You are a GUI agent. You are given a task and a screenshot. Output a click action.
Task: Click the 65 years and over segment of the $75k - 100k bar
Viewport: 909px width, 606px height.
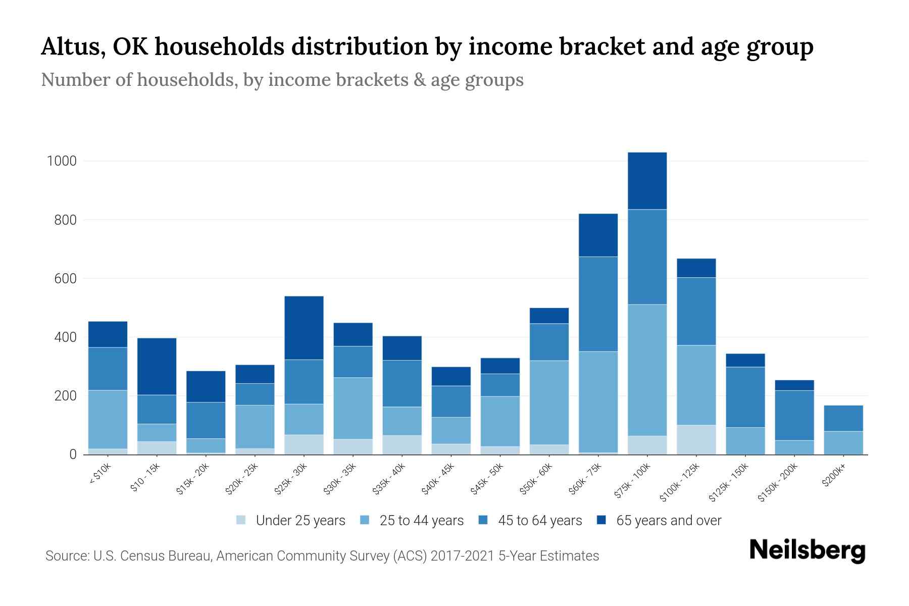click(x=647, y=181)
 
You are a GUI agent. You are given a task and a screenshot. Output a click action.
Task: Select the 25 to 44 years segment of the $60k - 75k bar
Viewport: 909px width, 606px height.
click(x=598, y=402)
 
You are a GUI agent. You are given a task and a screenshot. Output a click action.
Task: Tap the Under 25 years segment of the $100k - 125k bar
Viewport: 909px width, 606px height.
click(x=696, y=439)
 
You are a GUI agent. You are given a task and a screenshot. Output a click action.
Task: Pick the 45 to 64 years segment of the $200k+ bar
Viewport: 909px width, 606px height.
click(x=843, y=418)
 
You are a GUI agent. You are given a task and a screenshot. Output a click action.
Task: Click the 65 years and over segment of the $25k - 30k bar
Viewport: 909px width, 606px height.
click(x=304, y=328)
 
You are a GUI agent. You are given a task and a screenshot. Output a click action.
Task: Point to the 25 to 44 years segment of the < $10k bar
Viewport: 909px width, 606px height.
click(x=108, y=419)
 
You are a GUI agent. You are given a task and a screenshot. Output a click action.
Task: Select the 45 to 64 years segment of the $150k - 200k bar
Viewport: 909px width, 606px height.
click(x=794, y=415)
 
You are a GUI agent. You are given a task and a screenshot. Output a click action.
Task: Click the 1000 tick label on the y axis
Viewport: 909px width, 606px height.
click(x=62, y=161)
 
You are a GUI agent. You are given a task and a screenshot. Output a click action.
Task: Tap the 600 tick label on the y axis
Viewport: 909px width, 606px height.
click(x=65, y=279)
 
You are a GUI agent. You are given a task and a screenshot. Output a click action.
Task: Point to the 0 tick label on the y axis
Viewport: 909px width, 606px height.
click(x=73, y=454)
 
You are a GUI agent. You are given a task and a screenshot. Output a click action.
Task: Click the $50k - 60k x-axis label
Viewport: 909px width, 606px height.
click(x=537, y=478)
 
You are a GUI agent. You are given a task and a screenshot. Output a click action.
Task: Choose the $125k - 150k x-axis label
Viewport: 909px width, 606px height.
click(x=728, y=483)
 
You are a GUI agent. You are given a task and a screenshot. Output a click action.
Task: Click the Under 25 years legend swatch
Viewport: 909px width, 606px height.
click(x=241, y=520)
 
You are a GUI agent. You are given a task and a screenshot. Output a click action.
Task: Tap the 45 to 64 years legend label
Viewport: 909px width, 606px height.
click(x=540, y=521)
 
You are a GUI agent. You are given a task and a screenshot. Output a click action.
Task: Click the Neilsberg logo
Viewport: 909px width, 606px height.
click(x=807, y=550)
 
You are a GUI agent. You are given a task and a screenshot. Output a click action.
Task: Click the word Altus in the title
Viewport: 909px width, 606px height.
click(x=70, y=46)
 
